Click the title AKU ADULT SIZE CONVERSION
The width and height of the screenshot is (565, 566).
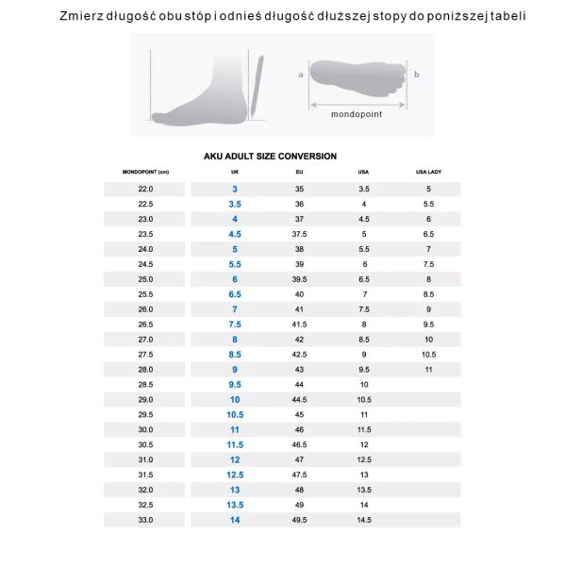270,157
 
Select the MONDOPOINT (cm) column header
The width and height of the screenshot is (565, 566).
145,173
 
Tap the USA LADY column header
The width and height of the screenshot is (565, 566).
428,173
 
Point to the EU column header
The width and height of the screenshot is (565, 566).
299,173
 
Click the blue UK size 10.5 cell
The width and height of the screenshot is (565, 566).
235,415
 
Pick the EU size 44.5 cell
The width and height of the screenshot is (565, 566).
299,400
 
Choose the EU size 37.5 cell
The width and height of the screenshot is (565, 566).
299,234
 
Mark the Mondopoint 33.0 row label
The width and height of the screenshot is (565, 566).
145,521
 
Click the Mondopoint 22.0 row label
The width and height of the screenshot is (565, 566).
145,189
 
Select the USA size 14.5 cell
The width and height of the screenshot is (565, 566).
363,521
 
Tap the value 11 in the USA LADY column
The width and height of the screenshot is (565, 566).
428,370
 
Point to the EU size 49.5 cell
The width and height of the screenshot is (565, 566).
299,521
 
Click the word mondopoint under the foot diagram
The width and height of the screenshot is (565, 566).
357,114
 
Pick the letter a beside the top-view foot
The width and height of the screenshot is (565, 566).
300,74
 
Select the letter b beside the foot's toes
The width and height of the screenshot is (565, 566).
416,74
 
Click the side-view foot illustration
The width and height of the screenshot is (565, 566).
203,94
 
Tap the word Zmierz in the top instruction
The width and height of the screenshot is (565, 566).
82,17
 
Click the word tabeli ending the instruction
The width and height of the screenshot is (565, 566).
506,17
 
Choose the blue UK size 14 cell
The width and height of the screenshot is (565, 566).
235,521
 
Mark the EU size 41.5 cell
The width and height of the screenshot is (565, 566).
299,325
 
